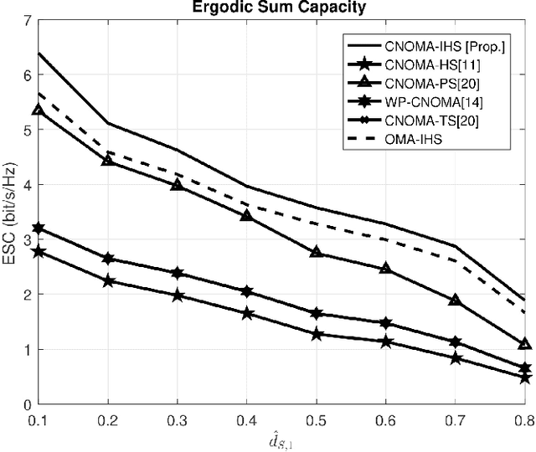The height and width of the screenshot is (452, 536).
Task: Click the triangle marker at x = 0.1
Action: (38, 110)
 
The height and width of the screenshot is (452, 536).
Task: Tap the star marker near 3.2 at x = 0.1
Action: (38, 229)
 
